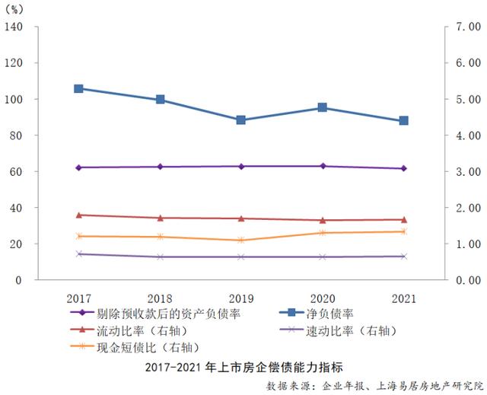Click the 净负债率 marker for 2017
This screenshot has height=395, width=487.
78,88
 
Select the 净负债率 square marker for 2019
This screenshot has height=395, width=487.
241,119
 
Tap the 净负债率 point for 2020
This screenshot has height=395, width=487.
323,107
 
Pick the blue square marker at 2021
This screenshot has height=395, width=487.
404,120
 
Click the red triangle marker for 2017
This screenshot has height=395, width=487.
78,215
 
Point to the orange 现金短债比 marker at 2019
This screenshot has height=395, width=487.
241,240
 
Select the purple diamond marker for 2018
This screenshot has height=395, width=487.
160,167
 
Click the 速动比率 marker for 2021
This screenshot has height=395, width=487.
404,256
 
